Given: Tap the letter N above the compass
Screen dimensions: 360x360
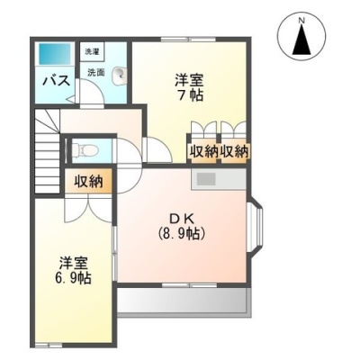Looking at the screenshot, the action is tap(301, 21).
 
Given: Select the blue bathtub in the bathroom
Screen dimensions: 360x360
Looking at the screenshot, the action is tap(54, 53).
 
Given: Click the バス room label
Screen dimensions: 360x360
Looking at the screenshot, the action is tap(57, 80).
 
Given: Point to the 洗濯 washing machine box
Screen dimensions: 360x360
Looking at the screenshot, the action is tap(92, 52).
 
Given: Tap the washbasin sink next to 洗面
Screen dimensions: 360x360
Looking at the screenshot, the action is tap(120, 76).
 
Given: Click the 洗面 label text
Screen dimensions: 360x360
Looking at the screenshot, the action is tap(96, 72).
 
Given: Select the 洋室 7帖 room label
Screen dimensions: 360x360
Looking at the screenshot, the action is tap(189, 87).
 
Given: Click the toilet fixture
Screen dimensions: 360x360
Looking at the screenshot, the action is tap(85, 149).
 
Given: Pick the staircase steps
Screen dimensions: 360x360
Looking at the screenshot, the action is tap(47, 151).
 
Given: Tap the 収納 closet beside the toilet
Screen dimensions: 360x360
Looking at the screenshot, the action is tap(88, 181).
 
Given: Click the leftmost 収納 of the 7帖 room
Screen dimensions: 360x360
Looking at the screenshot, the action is tap(204, 151).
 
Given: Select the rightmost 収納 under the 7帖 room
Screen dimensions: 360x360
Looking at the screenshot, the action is tap(235, 151).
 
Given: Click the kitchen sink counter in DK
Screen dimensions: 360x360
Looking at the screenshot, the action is tap(219, 179).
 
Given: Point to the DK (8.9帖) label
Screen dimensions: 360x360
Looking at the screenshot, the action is tap(182, 227).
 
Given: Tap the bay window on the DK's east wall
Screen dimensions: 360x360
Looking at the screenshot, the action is tap(256, 226).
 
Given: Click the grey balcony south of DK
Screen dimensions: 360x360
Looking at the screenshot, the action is tap(184, 301).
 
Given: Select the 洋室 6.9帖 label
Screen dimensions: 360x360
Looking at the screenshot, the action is tap(73, 270).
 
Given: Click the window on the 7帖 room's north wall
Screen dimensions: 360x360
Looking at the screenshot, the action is tap(188, 39).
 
